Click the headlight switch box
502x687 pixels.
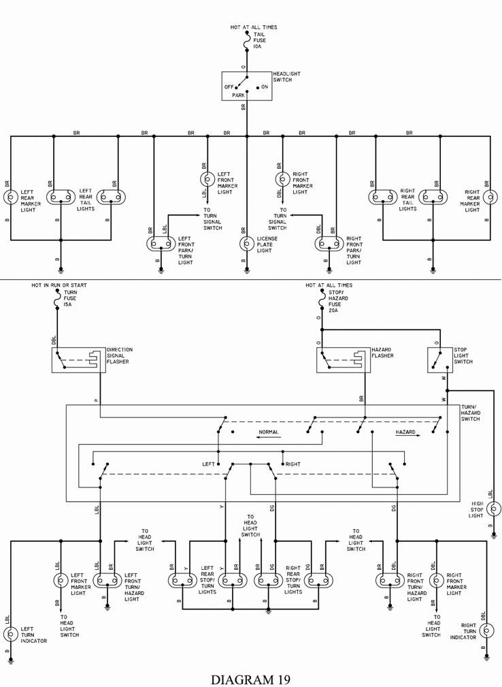pyautogui.click(x=246, y=86)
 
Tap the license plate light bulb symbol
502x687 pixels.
pyautogui.click(x=247, y=244)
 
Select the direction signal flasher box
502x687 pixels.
pyautogui.click(x=78, y=360)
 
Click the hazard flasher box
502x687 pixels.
pyautogui.click(x=343, y=360)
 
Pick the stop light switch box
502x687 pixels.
pyautogui.click(x=439, y=360)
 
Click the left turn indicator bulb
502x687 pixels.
pyautogui.click(x=10, y=634)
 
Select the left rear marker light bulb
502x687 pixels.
pyautogui.click(x=10, y=197)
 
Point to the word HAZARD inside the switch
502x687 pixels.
pyautogui.click(x=405, y=432)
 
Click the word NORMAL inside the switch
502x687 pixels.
pyautogui.click(x=269, y=432)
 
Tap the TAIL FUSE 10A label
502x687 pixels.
pyautogui.click(x=259, y=40)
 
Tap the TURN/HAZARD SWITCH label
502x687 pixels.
pyautogui.click(x=469, y=413)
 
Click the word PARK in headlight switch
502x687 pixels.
pyautogui.click(x=238, y=95)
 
